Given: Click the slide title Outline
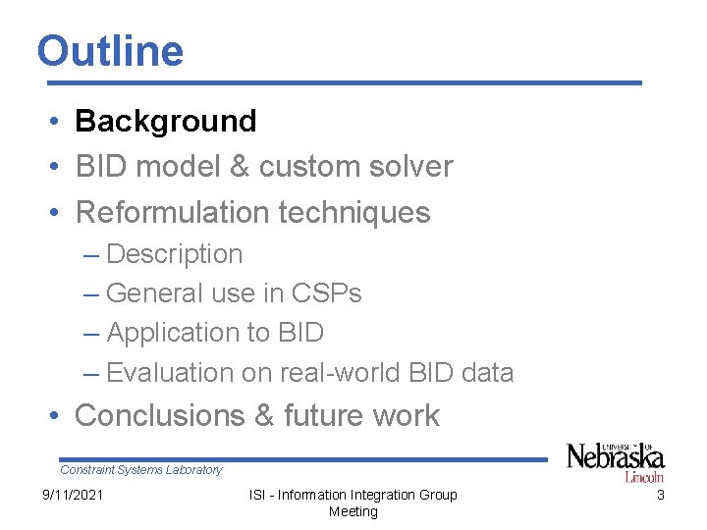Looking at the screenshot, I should click(110, 51).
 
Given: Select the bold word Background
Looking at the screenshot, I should click(165, 121).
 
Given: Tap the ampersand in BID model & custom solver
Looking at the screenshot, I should click(240, 167).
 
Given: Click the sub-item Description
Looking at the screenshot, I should click(174, 254).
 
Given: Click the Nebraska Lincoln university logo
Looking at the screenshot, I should click(615, 461).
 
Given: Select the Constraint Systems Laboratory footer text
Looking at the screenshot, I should click(141, 470).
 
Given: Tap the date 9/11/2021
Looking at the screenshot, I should click(72, 495).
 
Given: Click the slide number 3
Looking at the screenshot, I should click(660, 495).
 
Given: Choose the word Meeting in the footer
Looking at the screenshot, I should click(353, 511).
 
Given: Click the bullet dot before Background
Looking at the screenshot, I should click(59, 122).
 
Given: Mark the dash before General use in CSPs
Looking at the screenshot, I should click(91, 293).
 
